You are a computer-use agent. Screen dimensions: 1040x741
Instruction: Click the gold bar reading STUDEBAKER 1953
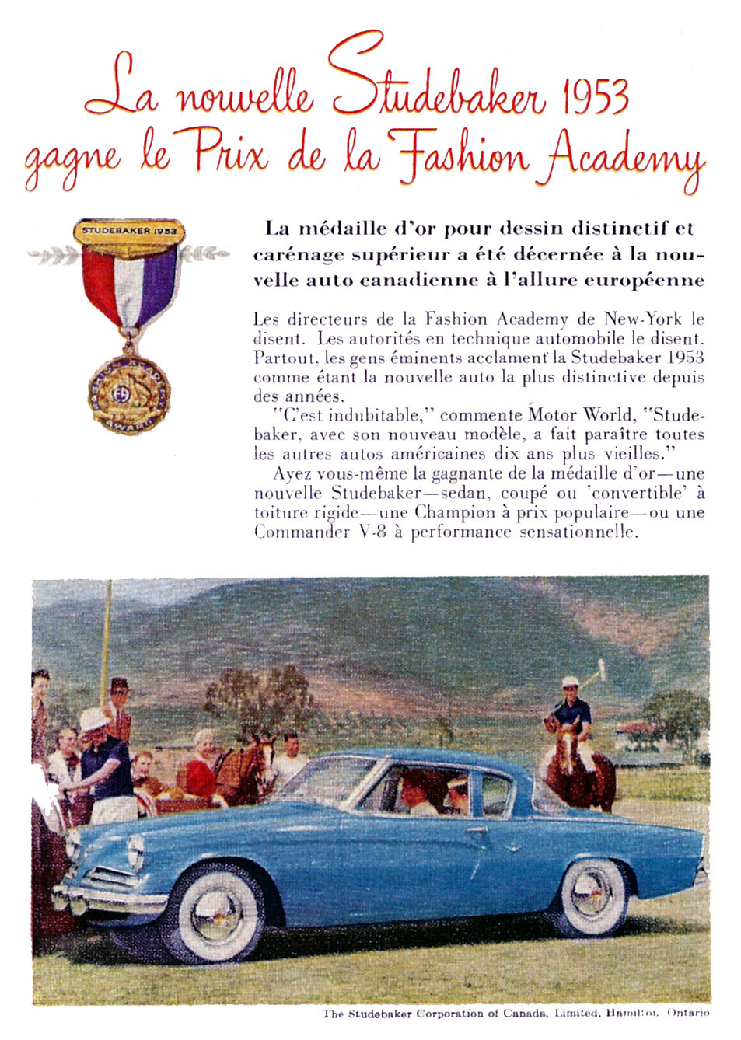tap(130, 232)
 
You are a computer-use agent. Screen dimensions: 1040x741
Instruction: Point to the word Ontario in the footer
tap(688, 1013)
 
